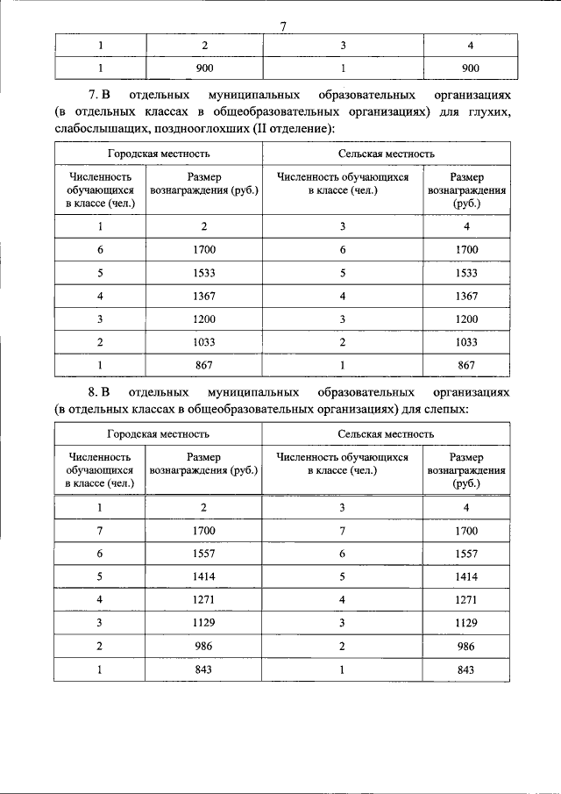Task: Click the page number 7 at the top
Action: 283,25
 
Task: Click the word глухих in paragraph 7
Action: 486,111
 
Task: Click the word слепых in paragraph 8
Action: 447,408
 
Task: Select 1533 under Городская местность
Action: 203,273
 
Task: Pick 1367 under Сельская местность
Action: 466,296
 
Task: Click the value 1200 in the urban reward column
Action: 203,319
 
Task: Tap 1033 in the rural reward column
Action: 466,342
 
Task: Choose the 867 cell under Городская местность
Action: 203,365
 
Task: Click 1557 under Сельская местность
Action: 466,554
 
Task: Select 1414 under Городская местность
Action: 203,577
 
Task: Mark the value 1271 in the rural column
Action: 466,600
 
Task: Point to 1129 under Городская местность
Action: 203,623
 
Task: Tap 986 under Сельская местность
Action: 466,647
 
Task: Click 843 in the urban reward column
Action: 203,669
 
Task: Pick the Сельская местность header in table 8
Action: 386,433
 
